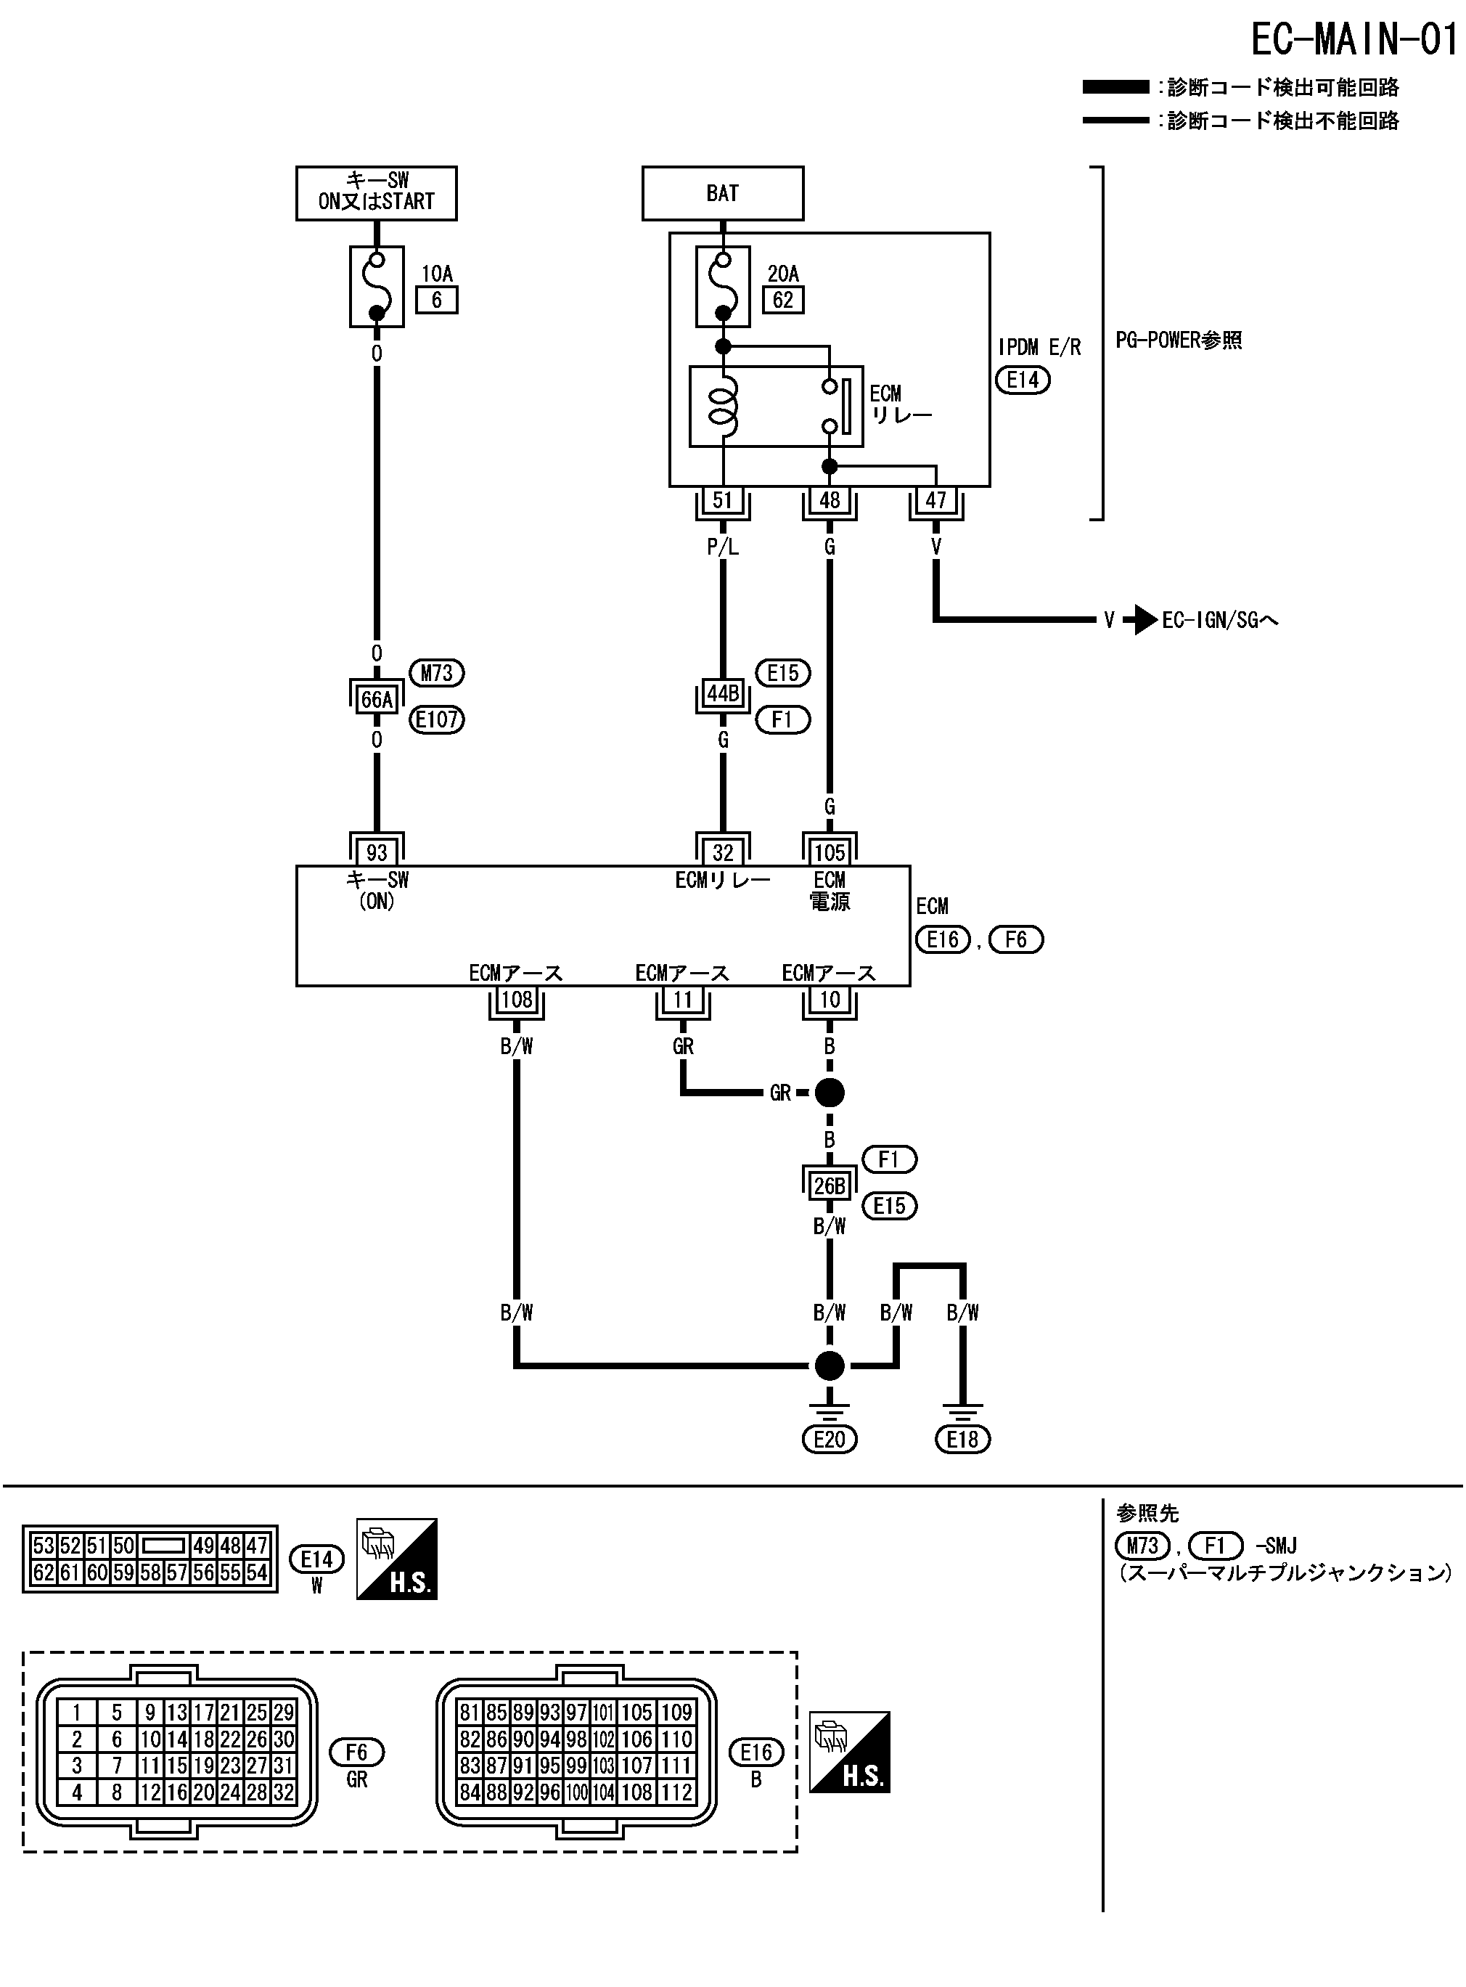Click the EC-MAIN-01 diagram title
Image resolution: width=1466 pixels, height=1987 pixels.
(1354, 40)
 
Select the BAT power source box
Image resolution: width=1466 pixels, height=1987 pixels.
(722, 193)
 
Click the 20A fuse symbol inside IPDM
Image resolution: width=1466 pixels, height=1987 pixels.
(724, 287)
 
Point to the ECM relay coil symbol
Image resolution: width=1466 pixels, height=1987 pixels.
(724, 406)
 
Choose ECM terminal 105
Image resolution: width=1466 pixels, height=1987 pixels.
(830, 852)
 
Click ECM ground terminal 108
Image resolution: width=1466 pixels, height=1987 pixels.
(517, 1000)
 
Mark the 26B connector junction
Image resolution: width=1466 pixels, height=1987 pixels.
(830, 1186)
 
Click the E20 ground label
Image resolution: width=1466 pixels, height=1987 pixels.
(830, 1439)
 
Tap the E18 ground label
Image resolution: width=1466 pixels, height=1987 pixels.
(963, 1439)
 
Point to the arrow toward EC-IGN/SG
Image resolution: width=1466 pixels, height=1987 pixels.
(1140, 619)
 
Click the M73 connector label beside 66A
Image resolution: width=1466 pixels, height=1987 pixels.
(437, 673)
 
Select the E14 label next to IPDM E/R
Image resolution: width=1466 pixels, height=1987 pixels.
(1023, 380)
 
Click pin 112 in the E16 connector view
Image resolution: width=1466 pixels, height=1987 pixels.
(676, 1792)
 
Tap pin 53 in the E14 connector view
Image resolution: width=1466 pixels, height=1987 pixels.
(44, 1546)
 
